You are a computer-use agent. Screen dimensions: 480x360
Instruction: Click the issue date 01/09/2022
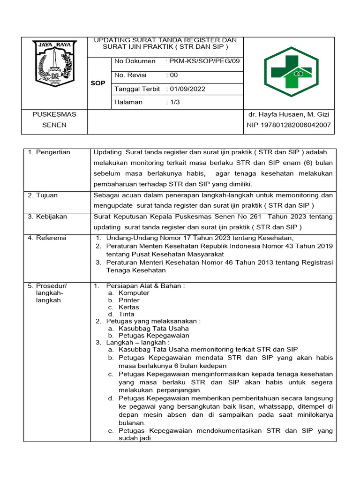(187, 89)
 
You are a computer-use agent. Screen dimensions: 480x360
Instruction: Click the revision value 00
(174, 75)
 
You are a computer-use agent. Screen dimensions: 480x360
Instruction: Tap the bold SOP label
(98, 82)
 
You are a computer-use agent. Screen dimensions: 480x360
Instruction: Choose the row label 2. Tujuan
(44, 195)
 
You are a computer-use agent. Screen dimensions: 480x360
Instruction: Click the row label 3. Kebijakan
(47, 217)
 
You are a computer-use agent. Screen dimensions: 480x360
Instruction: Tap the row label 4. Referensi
(47, 238)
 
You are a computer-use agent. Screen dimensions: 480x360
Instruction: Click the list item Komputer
(134, 293)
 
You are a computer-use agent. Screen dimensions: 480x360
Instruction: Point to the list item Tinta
(127, 314)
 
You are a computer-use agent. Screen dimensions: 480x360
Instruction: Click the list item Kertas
(129, 307)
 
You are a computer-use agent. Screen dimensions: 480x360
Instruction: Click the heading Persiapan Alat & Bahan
(145, 286)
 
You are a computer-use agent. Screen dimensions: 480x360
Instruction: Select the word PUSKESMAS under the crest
(54, 114)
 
